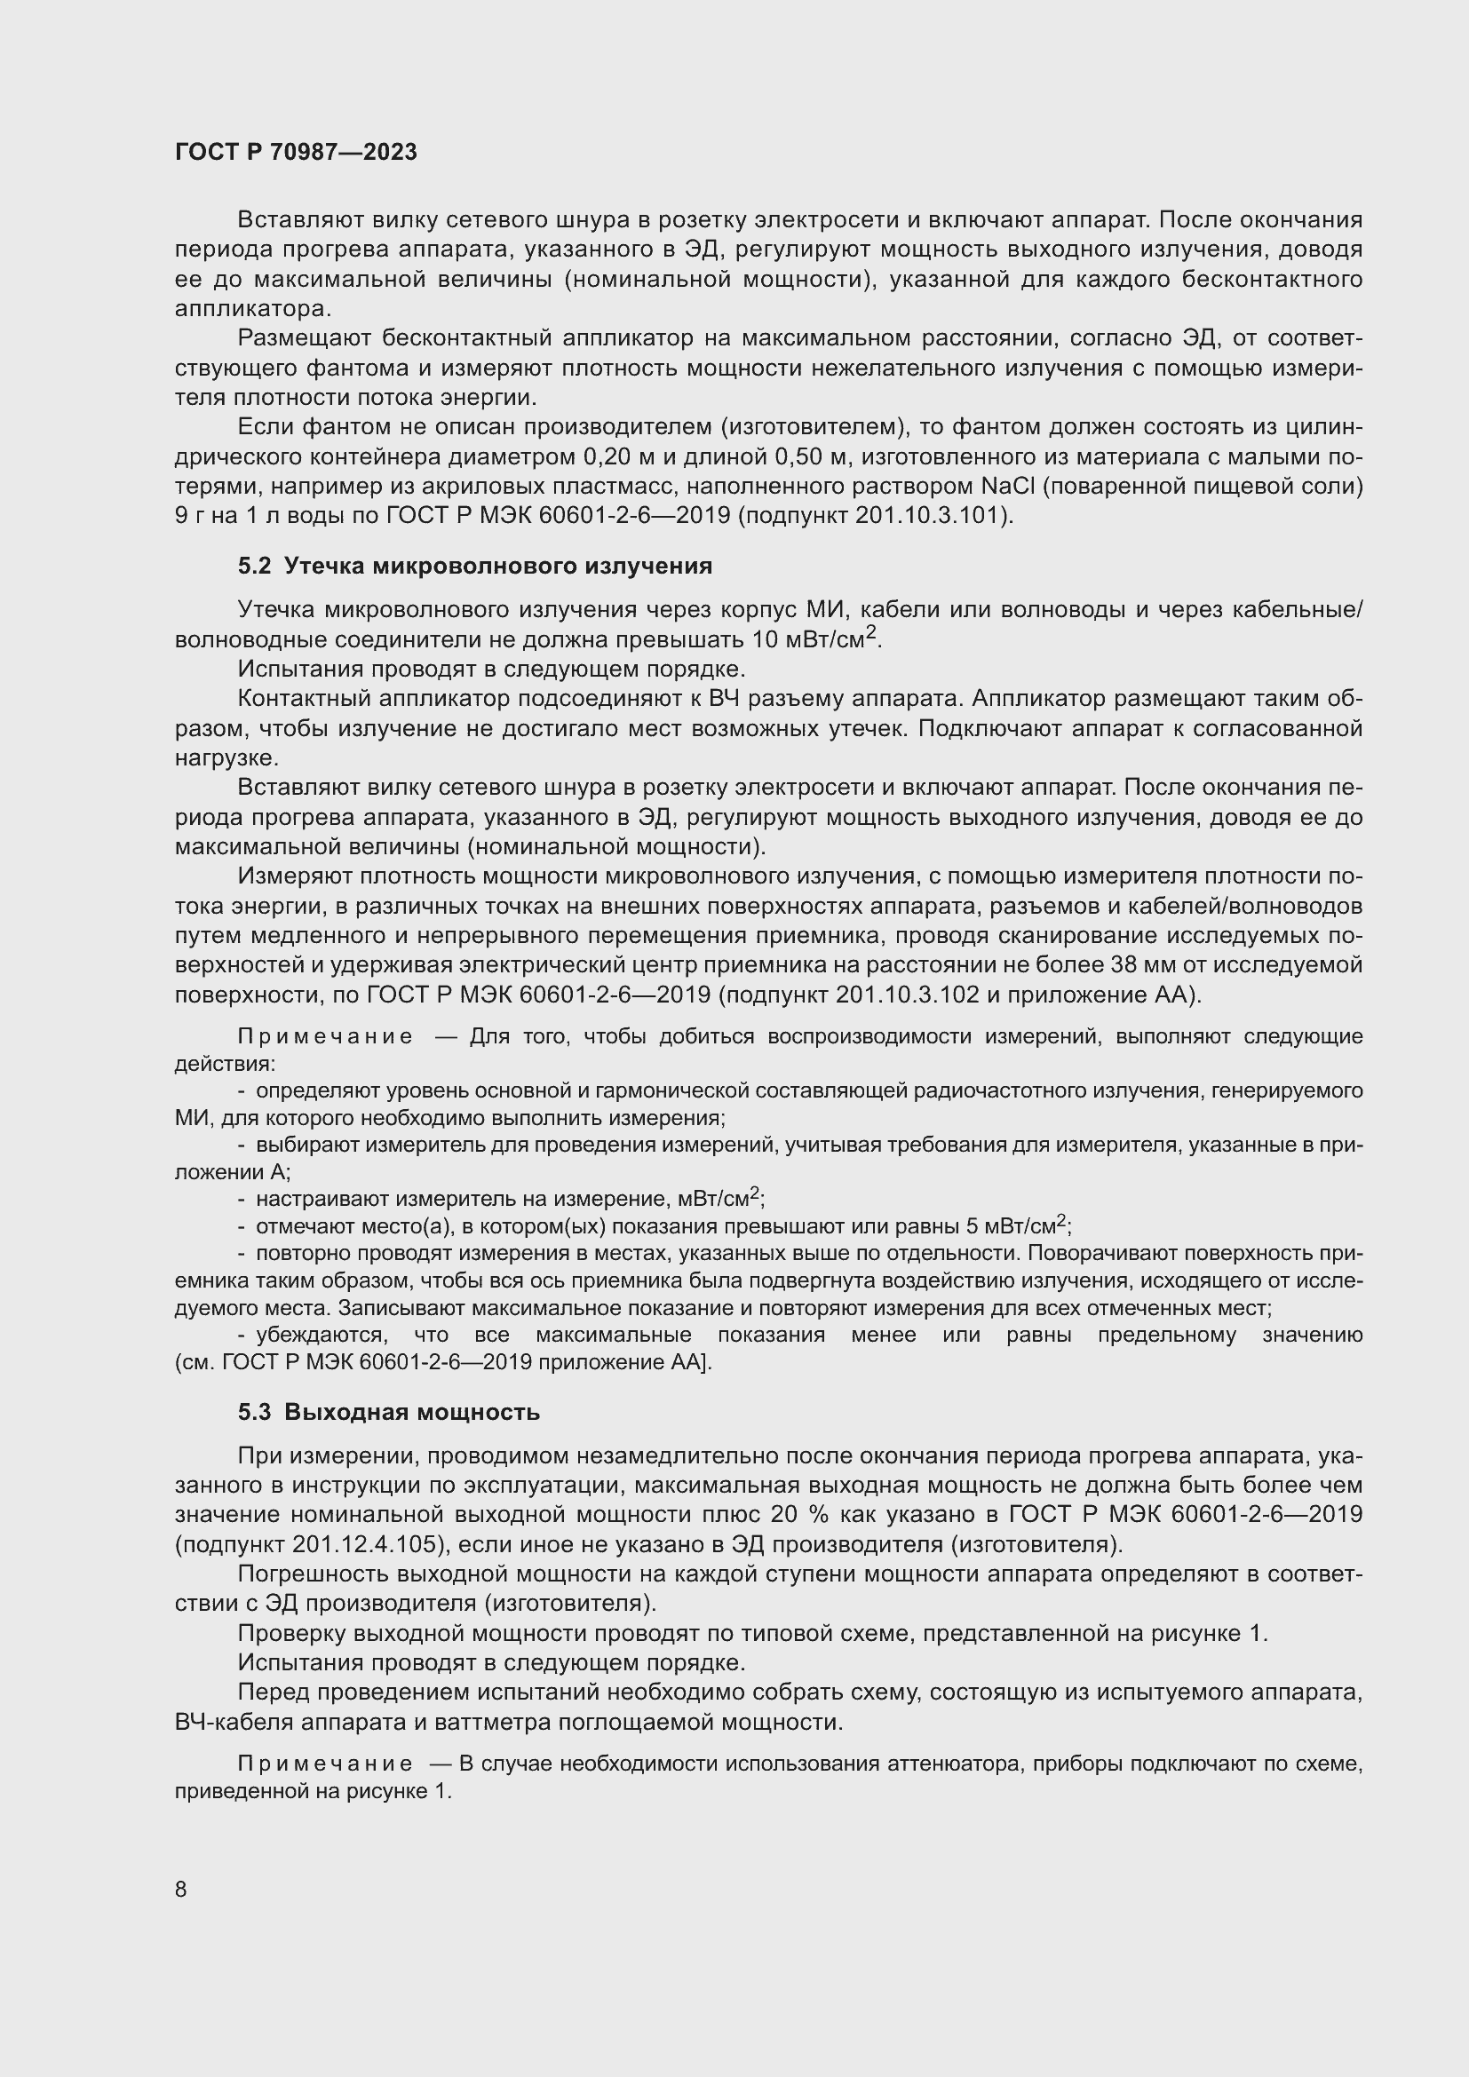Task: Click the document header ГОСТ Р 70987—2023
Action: click(296, 152)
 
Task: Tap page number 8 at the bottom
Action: click(181, 1889)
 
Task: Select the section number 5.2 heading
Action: click(254, 567)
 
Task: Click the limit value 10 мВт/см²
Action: click(815, 638)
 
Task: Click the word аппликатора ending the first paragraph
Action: click(250, 308)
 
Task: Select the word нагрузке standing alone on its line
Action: click(226, 758)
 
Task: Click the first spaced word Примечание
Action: click(326, 1036)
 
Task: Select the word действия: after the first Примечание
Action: click(226, 1064)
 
